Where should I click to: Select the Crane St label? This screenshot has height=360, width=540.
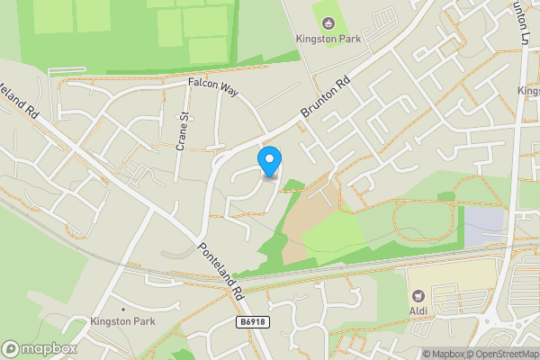click(180, 131)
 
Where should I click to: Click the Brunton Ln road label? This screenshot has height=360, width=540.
click(522, 23)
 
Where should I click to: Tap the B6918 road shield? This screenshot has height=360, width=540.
click(255, 321)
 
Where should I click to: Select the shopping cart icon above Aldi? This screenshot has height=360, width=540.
click(418, 294)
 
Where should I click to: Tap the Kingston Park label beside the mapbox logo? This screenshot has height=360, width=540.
click(123, 321)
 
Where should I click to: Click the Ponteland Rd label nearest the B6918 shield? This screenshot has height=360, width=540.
click(221, 272)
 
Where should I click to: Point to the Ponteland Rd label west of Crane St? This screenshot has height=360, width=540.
click(24, 88)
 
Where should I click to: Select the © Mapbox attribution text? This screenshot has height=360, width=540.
click(444, 354)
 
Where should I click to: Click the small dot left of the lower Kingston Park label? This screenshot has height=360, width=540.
click(82, 321)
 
